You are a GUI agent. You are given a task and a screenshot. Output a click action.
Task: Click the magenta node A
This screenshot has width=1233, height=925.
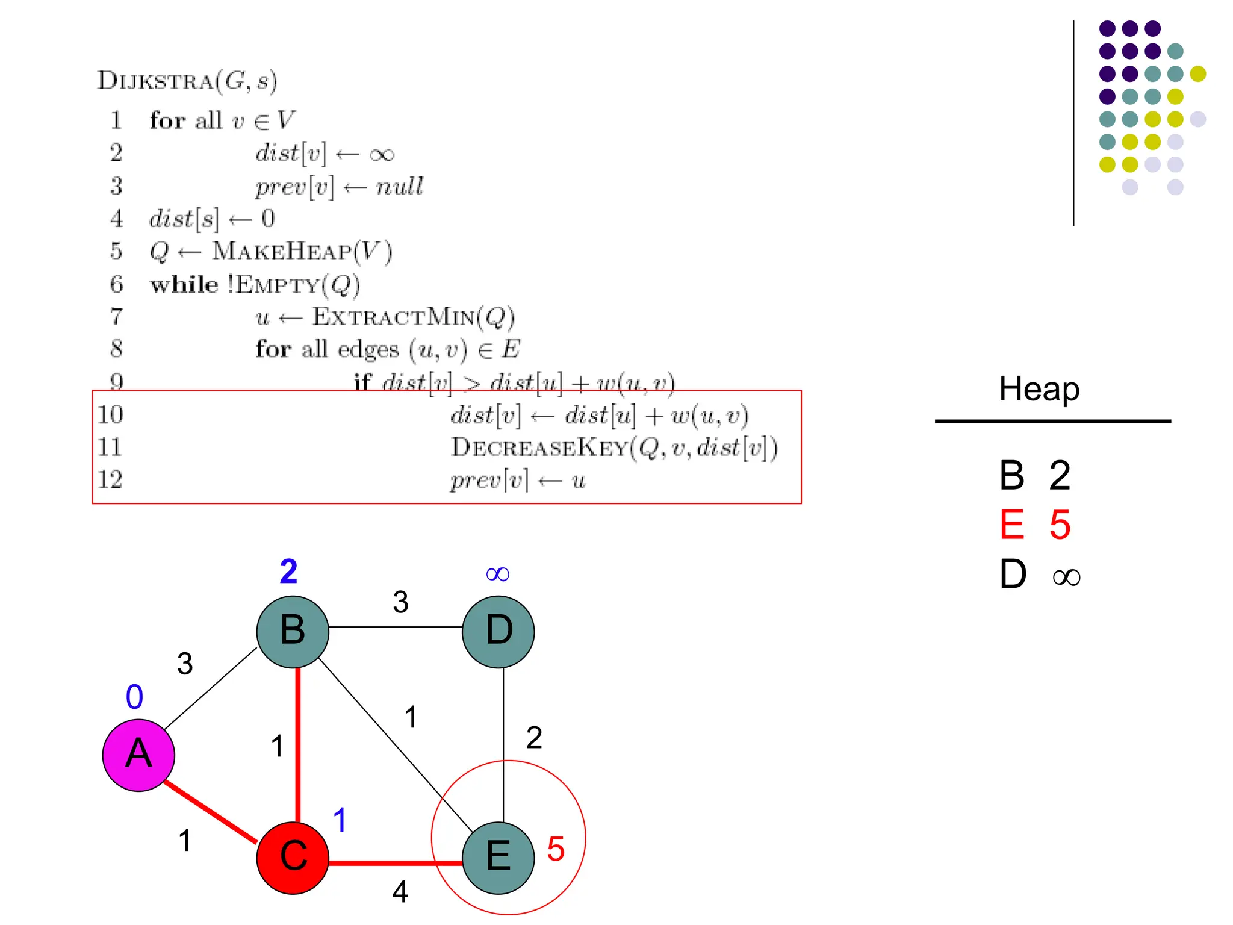click(x=138, y=755)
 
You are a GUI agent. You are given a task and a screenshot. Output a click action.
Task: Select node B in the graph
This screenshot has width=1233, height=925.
click(x=293, y=631)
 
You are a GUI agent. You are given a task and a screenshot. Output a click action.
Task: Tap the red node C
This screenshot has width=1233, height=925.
click(x=293, y=857)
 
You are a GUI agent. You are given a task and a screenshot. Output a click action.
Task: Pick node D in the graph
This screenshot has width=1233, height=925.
click(x=498, y=631)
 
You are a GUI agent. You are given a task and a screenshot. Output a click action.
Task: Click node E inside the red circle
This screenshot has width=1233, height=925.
click(x=498, y=857)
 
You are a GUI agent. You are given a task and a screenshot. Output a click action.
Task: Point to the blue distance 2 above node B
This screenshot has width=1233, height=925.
click(x=288, y=571)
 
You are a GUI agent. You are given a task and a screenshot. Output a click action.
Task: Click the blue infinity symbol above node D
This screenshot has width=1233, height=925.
click(x=497, y=574)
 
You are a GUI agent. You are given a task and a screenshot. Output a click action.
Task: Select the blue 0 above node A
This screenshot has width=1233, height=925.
click(x=134, y=697)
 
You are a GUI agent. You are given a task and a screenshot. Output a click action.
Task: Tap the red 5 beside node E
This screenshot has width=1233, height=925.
click(x=556, y=849)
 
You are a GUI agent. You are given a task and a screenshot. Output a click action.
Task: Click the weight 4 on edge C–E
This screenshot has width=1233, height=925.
click(x=400, y=891)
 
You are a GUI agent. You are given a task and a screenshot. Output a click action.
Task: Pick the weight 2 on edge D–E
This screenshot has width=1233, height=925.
click(x=534, y=738)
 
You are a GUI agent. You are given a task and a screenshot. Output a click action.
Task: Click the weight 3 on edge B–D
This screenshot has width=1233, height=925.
click(x=400, y=602)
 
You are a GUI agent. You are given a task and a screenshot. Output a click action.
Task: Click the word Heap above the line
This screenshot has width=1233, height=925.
click(x=1039, y=389)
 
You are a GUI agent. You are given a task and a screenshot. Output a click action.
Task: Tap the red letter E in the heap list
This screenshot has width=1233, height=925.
click(x=1012, y=525)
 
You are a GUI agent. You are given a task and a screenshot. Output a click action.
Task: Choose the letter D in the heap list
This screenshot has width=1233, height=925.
click(x=1013, y=574)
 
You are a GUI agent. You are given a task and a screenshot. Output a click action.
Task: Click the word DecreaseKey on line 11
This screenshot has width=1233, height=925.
click(x=539, y=447)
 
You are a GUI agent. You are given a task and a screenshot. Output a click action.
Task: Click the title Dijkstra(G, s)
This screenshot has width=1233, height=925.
click(x=187, y=81)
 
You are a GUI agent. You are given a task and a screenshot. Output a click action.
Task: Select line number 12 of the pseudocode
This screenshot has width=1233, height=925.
click(x=110, y=479)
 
